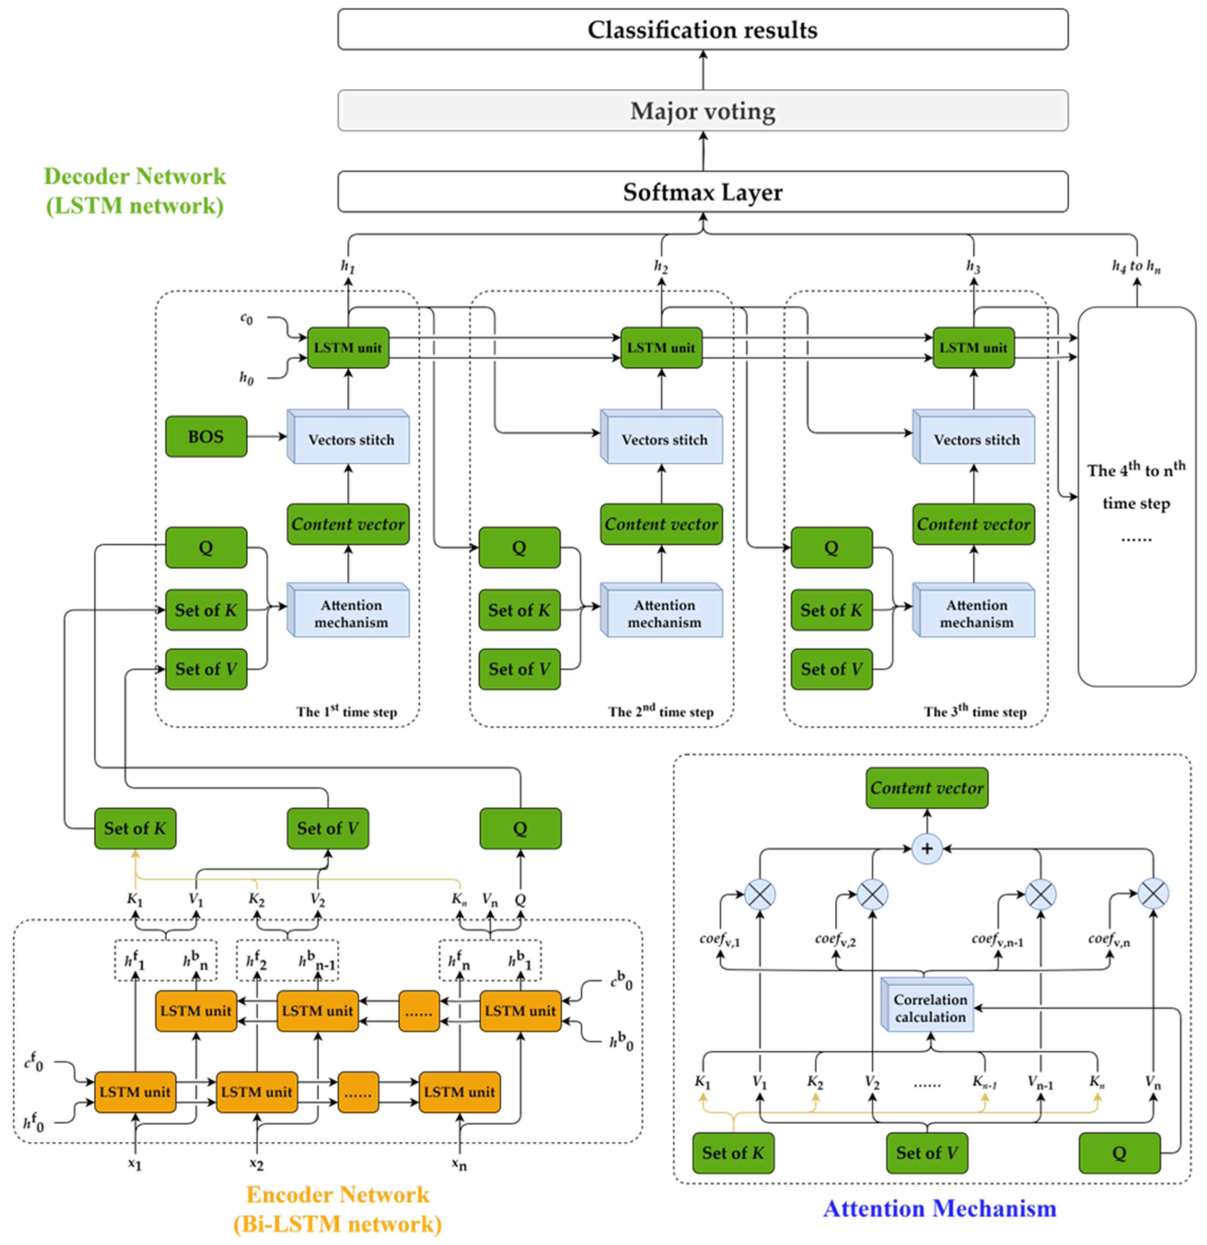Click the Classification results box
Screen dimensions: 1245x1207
click(x=702, y=29)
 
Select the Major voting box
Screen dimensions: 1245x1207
click(x=702, y=111)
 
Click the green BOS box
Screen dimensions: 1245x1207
click(x=206, y=436)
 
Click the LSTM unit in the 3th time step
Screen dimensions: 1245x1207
click(x=973, y=348)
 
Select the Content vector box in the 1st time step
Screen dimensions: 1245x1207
click(x=348, y=524)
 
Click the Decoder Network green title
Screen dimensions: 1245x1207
click(x=135, y=191)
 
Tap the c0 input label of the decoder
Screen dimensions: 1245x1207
click(x=247, y=318)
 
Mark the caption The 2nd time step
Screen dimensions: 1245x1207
click(x=661, y=711)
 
